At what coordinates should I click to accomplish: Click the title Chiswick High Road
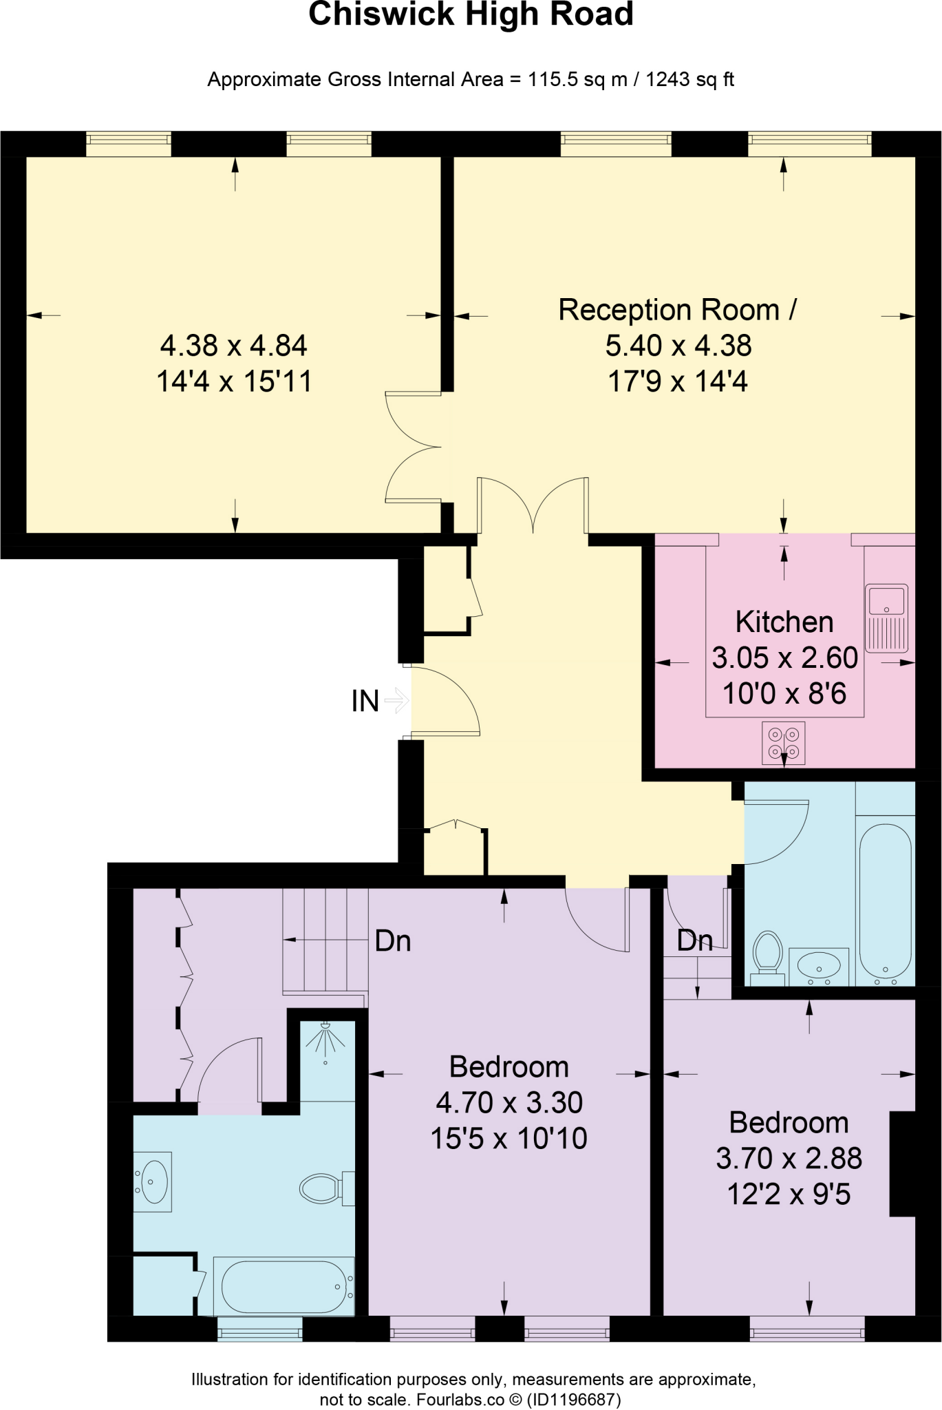point(471,14)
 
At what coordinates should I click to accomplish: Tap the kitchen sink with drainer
point(886,618)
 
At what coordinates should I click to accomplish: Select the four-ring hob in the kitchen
point(784,743)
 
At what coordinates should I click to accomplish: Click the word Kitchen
point(784,622)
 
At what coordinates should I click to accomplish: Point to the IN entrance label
point(365,701)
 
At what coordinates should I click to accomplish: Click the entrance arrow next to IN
point(397,701)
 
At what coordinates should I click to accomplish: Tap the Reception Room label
point(677,310)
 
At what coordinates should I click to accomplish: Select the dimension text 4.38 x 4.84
point(234,346)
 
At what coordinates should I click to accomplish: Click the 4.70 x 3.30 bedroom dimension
point(509,1102)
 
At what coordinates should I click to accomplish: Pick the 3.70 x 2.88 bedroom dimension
point(789,1158)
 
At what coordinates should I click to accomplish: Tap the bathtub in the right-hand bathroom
point(886,902)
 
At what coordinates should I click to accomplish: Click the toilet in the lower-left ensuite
point(328,1188)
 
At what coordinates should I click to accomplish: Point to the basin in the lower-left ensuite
point(153,1181)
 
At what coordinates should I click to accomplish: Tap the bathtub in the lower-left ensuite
point(283,1286)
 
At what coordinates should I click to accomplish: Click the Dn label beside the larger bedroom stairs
point(393,941)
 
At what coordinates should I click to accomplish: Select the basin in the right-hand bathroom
point(819,967)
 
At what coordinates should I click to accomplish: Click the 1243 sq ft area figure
point(689,80)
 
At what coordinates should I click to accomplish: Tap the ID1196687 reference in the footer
point(574,1400)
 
